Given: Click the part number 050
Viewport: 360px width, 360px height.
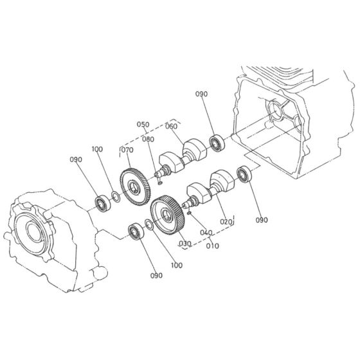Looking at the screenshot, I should (142, 123).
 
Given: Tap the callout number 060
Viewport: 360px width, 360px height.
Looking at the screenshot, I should (171, 127).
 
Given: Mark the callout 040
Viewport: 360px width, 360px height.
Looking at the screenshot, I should (206, 232).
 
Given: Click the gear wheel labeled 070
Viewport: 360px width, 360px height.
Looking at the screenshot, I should (135, 186).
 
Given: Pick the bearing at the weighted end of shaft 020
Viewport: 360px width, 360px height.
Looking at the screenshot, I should (244, 174).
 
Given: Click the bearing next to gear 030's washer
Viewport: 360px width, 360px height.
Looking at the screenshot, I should (135, 230).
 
